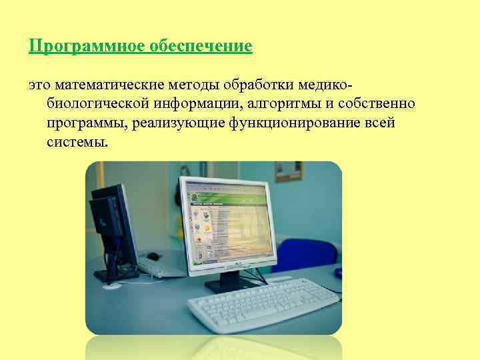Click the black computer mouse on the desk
pos(153,256)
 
